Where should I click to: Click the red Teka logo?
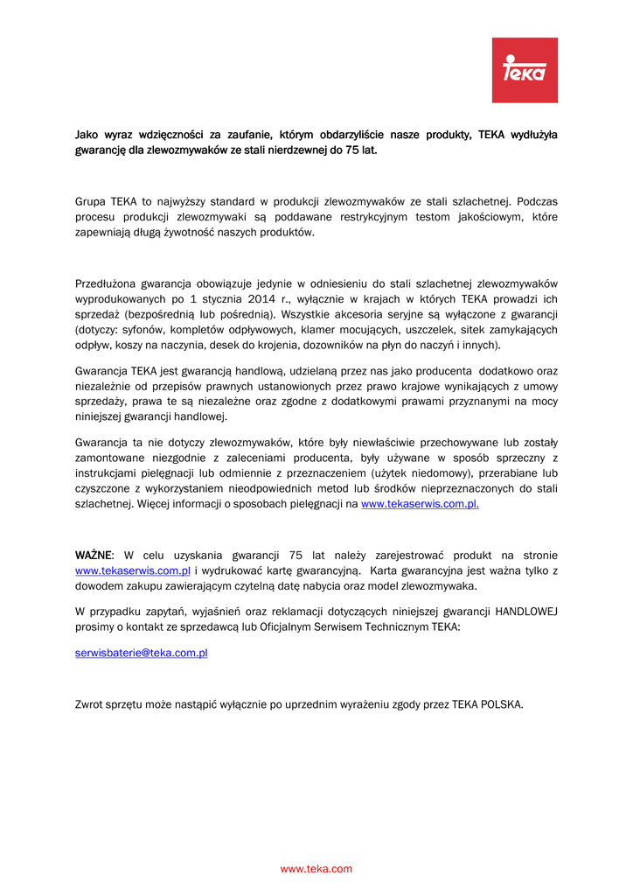pyautogui.click(x=525, y=70)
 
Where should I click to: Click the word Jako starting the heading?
pyautogui.click(x=86, y=135)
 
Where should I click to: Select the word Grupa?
pyautogui.click(x=91, y=201)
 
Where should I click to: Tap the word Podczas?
pyautogui.click(x=538, y=201)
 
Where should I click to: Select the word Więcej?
pyautogui.click(x=153, y=504)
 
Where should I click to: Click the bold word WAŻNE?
pyautogui.click(x=94, y=556)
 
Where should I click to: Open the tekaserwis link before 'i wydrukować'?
pyautogui.click(x=133, y=570)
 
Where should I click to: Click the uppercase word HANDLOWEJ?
pyautogui.click(x=526, y=612)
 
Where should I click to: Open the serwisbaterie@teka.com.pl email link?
pyautogui.click(x=141, y=653)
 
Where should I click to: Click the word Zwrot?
pyautogui.click(x=90, y=704)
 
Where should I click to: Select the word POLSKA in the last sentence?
pyautogui.click(x=503, y=704)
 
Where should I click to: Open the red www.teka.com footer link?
pyautogui.click(x=316, y=869)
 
